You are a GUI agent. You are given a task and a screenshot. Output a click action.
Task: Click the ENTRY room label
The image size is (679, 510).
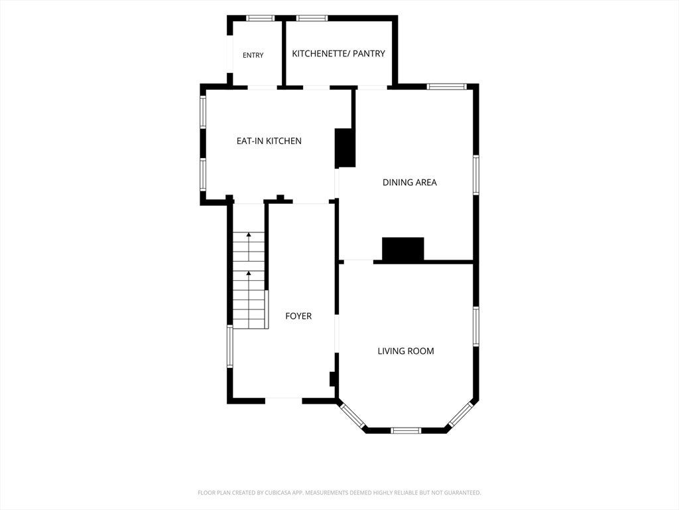pos(253,55)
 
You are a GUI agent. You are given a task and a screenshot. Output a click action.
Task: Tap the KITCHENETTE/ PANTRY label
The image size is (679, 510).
pos(339,53)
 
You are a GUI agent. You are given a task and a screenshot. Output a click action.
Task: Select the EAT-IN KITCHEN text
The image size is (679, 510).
pos(269,141)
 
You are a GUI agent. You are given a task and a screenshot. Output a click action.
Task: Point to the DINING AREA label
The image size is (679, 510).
pos(410,182)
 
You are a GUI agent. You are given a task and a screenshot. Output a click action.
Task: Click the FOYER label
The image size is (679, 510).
pos(298,316)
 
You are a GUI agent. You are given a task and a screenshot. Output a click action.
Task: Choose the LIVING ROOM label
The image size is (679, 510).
pos(406,351)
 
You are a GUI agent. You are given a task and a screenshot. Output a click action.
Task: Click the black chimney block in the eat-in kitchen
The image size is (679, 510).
pos(345,148)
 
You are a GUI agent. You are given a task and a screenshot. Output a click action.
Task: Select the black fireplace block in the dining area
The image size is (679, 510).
pos(402,250)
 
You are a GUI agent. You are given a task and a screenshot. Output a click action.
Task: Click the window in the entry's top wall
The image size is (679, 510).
pos(260,18)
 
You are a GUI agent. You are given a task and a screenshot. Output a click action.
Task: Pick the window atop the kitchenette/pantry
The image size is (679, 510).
pos(312,18)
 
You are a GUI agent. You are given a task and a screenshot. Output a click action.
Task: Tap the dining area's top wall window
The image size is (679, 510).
pos(447,86)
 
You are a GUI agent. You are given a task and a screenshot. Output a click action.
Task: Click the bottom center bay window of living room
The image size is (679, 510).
pos(406,430)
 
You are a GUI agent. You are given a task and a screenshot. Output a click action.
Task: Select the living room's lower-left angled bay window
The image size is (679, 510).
pos(352,416)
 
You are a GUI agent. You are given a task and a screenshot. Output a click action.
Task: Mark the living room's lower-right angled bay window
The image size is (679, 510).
pos(460,414)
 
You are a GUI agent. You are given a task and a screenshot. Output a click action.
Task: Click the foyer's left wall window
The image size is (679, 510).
pos(230,347)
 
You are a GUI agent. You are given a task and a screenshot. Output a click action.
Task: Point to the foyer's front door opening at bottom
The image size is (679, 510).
pos(284,399)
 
